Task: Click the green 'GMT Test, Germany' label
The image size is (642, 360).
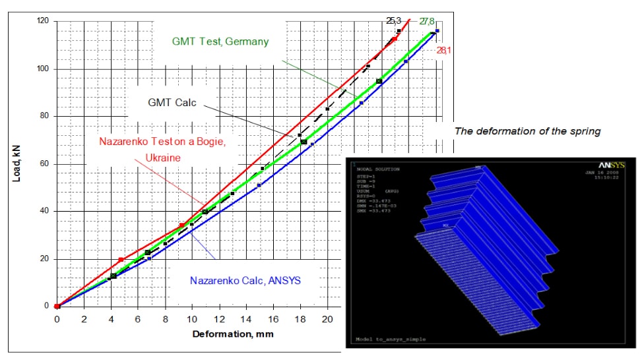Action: (220, 42)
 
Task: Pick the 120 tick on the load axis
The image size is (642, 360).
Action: (44, 21)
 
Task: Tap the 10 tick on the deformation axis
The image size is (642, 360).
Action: (192, 318)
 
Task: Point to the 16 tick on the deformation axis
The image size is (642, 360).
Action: (273, 318)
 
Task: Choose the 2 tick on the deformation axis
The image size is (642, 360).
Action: (84, 318)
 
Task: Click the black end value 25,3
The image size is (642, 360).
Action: (394, 21)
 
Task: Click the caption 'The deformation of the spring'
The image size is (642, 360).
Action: (527, 131)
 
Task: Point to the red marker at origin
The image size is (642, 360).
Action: (57, 306)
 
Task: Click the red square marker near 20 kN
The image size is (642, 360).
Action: (121, 260)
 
